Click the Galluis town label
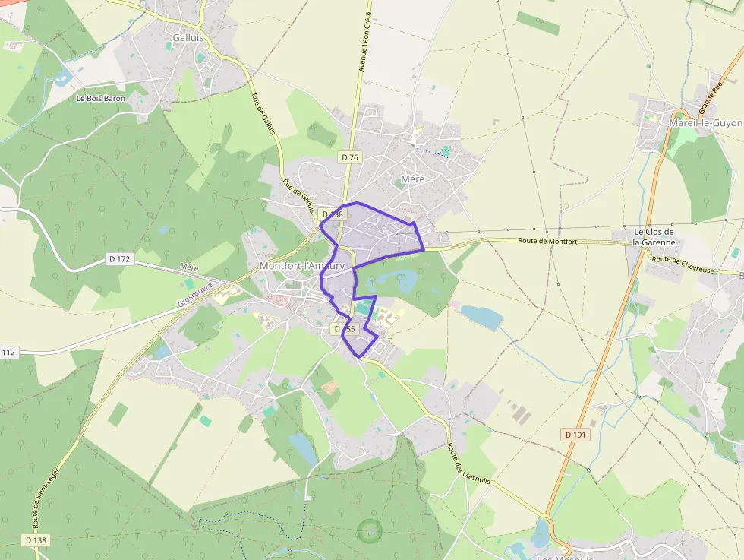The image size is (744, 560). coord(188,36)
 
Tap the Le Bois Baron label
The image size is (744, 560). coord(101,99)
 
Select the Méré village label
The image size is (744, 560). coord(412,179)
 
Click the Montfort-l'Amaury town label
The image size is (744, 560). coord(302,266)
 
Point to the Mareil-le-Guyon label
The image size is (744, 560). coord(705,122)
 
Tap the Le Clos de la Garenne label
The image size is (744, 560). coord(654,237)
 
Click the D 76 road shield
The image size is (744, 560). coord(349,157)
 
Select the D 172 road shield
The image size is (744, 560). coord(120,259)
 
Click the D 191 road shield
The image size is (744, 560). coord(576,435)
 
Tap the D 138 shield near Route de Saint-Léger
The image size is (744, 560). coord(36,539)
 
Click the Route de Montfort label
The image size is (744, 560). coord(547,242)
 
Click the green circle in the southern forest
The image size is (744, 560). coord(370,530)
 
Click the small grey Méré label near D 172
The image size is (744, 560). coord(189,267)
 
